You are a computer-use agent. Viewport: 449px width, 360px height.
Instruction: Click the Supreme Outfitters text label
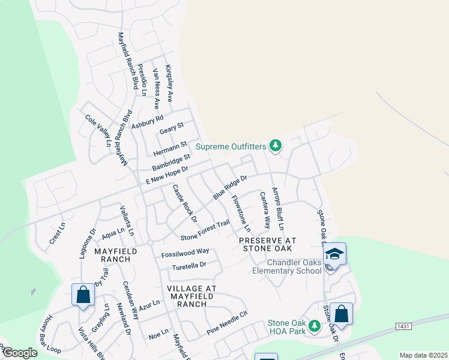[231, 146]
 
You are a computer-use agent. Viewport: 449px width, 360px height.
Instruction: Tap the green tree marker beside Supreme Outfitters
[276, 145]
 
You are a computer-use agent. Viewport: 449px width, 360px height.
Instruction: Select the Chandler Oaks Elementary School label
[286, 266]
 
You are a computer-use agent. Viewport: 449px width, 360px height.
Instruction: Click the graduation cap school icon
[334, 253]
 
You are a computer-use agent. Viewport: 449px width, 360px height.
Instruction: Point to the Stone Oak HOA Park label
[287, 327]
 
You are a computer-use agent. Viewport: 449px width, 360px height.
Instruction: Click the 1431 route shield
[403, 325]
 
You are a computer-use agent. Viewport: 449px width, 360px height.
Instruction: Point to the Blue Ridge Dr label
[230, 187]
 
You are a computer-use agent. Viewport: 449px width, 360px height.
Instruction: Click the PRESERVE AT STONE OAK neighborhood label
[265, 244]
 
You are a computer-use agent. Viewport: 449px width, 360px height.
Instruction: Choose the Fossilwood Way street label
[185, 253]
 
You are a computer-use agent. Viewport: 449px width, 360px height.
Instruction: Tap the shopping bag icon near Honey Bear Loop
[83, 295]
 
